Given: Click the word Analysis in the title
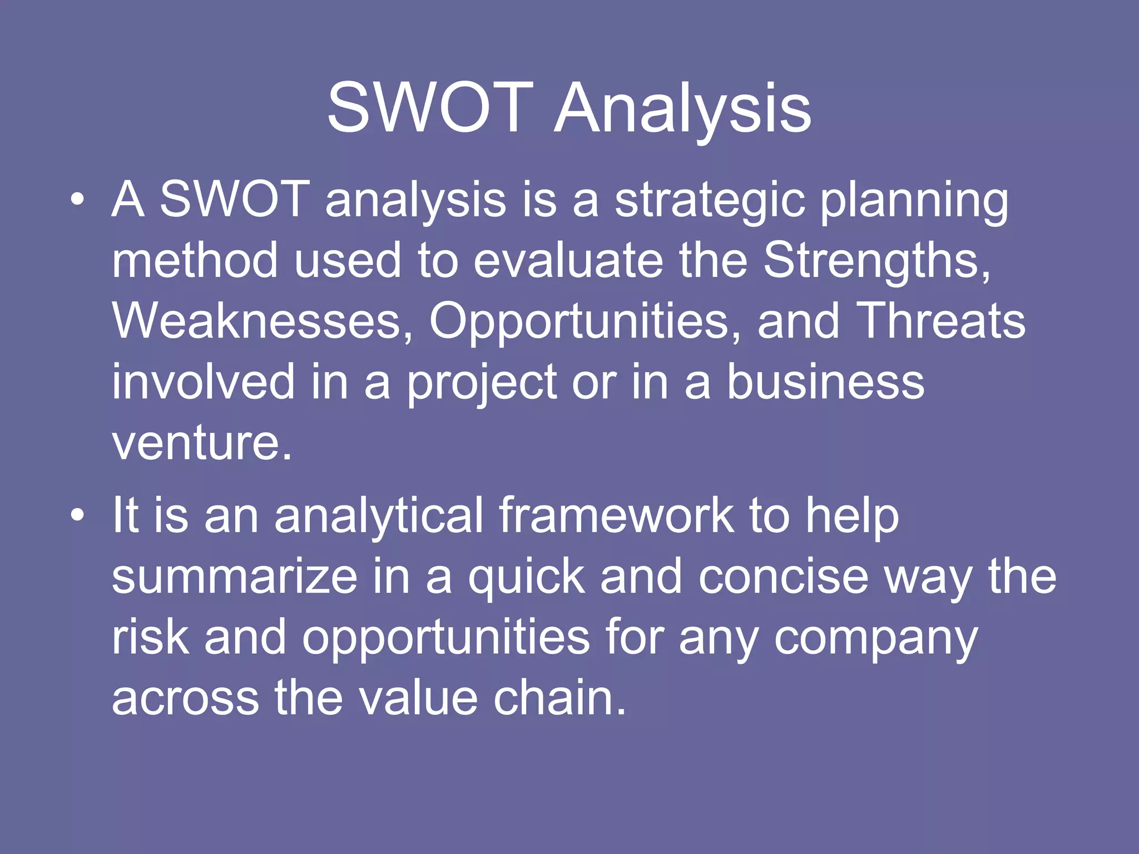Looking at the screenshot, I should (x=682, y=108).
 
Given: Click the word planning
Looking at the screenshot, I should (x=914, y=201).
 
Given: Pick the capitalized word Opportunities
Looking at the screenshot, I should (x=579, y=322).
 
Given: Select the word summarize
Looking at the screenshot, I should (x=234, y=577).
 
